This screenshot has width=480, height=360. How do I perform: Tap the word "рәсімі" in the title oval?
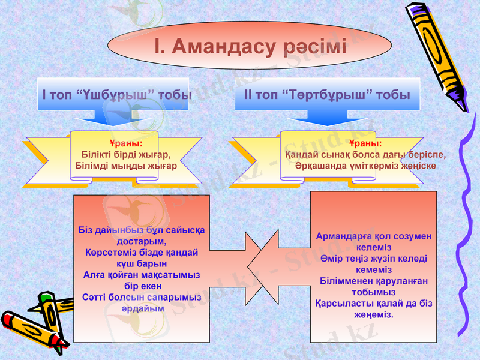pos(315,46)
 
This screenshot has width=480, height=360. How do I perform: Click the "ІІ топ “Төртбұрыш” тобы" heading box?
pos(327,94)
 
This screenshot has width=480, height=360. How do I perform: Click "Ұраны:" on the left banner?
pos(126,144)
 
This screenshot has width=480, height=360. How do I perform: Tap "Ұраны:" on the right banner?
pos(365,144)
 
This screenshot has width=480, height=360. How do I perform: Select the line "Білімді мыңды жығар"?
pos(126,165)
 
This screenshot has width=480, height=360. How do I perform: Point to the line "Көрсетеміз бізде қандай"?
pos(142,252)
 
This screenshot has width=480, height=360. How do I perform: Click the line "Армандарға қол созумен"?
pos(374,236)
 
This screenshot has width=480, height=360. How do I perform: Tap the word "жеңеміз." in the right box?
pos(374,314)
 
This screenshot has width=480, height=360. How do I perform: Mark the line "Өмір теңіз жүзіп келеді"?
pos(374,258)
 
